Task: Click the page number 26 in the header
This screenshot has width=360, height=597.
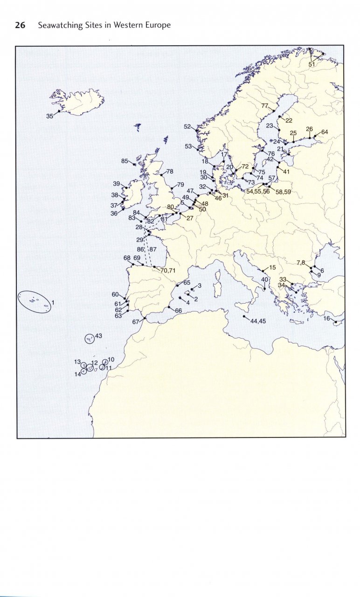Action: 20,25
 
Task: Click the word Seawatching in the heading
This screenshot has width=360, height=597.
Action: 60,25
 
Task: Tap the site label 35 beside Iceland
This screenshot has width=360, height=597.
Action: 50,117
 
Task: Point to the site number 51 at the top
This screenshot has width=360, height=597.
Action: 312,64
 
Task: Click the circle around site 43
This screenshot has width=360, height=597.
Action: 89,339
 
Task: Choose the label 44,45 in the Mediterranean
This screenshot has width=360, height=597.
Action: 258,321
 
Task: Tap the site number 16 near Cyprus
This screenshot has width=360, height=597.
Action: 327,319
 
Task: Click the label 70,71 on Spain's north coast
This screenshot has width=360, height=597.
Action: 168,270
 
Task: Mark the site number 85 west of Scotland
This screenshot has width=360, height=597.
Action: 125,161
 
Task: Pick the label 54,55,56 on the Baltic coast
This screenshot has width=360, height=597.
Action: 258,191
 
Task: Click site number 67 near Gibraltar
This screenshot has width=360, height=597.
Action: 136,322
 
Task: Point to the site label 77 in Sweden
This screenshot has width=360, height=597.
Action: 265,106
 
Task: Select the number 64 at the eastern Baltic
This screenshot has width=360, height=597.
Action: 325,132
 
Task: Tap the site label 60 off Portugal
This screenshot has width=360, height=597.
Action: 116,294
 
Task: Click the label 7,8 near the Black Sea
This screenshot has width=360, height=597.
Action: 301,263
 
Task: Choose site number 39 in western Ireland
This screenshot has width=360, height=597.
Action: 117,184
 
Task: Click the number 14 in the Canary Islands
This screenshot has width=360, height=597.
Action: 77,374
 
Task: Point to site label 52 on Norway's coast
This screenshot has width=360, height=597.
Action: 187,126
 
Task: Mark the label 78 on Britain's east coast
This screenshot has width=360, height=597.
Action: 170,172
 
